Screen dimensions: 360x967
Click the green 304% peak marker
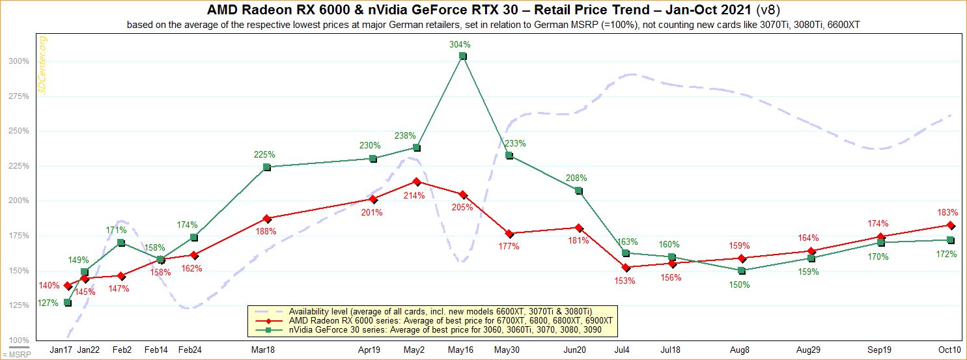(462, 56)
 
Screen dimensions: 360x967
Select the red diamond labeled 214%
(417, 182)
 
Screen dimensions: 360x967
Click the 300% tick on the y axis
(19, 61)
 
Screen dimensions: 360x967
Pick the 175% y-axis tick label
(19, 236)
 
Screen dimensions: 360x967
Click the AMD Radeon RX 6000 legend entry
(429, 321)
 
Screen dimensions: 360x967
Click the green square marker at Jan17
(68, 303)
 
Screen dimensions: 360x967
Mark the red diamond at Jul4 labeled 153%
(626, 268)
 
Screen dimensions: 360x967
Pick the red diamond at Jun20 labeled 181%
(578, 228)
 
